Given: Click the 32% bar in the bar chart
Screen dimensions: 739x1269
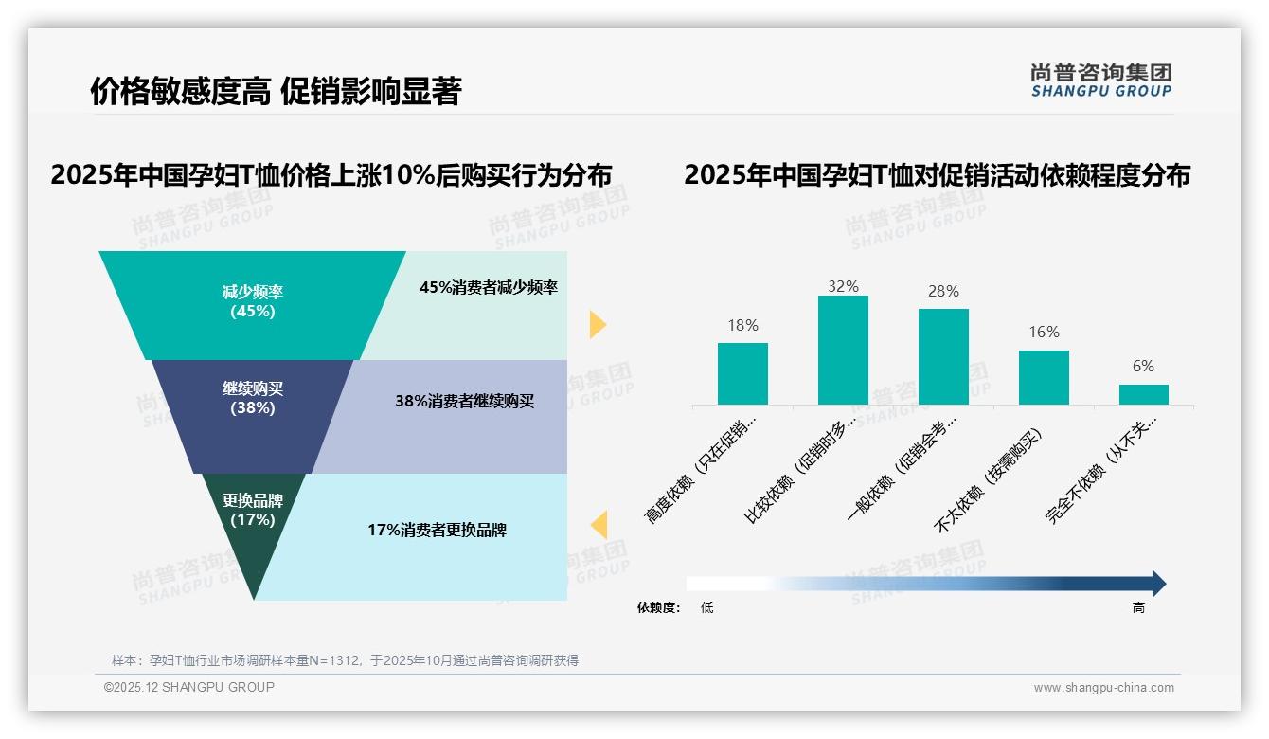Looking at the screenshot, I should point(843,350).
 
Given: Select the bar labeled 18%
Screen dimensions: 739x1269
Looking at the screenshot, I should point(742,373).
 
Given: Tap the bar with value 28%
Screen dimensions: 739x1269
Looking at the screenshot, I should point(943,356).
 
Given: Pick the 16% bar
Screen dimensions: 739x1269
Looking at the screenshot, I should point(1044,377).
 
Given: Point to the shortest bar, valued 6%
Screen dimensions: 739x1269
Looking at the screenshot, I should point(1144,394).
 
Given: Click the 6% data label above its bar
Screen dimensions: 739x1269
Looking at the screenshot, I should point(1144,367).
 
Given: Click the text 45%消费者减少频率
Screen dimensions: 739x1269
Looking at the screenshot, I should point(489,288).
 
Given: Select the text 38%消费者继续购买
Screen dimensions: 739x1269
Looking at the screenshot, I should point(465,401).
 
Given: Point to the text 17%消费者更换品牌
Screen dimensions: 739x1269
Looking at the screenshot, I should point(438,531).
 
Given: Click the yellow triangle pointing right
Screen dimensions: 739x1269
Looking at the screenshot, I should point(597,325).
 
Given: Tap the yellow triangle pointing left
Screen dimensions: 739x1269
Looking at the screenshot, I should point(599,525).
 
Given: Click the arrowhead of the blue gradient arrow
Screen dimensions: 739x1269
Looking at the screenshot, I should point(1158,584).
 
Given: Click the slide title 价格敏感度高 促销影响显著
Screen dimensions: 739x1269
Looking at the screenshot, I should point(276,92).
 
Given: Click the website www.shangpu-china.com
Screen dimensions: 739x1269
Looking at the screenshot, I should point(1103,688).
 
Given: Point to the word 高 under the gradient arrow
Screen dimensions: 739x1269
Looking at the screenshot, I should point(1138,608).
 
